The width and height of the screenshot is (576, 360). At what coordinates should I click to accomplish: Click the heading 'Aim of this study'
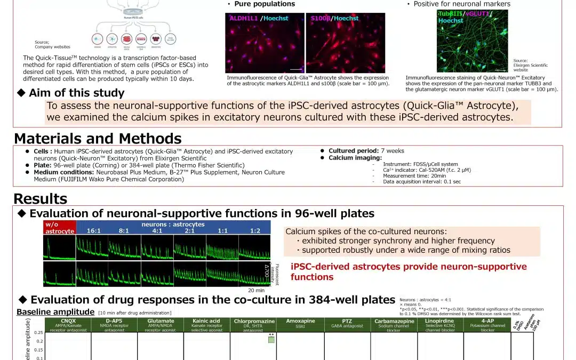76,93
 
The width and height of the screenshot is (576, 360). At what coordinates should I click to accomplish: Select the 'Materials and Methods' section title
98,139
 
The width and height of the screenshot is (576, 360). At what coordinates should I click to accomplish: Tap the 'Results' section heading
41,199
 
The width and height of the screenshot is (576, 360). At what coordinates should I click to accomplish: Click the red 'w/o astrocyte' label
59,228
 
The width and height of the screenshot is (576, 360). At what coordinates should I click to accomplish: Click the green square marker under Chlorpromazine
271,340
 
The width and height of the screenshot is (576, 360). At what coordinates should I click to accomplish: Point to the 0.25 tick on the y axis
38,332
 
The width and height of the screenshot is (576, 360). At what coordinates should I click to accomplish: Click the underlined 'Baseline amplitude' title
55,312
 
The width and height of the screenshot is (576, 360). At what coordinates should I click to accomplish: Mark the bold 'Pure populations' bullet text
264,4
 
